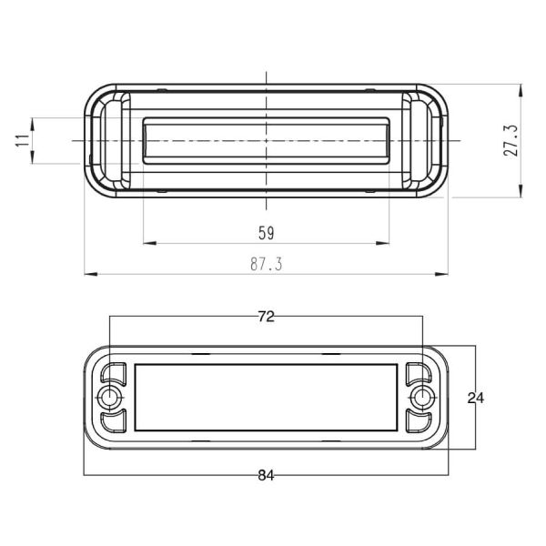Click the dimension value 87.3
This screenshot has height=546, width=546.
(x=266, y=263)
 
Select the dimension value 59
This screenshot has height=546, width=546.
(x=266, y=233)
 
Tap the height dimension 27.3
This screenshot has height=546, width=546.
(x=511, y=141)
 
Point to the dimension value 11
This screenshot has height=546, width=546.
(x=20, y=141)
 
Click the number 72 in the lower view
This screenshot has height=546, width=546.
(x=266, y=317)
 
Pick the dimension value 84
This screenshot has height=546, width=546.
(x=266, y=475)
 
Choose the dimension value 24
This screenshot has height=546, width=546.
(x=476, y=397)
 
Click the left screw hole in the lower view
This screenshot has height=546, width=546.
(x=110, y=398)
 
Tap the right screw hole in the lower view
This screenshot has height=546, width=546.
(x=421, y=398)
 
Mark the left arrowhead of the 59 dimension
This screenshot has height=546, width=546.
(x=149, y=243)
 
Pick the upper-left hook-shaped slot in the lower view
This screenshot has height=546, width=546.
(x=115, y=373)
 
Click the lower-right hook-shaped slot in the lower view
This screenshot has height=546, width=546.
(x=418, y=421)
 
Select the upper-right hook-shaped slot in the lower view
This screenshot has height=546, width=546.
(x=418, y=373)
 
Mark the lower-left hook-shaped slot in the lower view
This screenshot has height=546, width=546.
(x=115, y=421)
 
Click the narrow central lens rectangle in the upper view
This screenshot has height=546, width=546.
(x=266, y=141)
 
